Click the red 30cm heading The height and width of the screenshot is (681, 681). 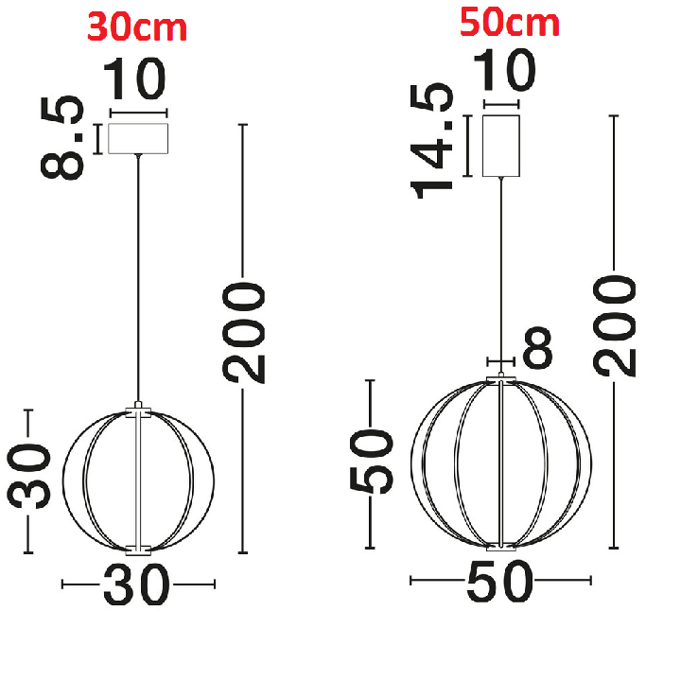click(137, 26)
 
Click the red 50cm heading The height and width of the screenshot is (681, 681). click(510, 23)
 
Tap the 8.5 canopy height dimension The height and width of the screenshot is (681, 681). click(62, 137)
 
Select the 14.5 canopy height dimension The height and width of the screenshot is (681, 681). click(431, 141)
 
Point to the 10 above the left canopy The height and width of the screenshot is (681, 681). click(134, 79)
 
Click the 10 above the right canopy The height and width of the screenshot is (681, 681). click(504, 69)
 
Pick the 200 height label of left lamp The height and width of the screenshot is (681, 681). click(244, 333)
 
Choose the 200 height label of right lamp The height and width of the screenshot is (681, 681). click(615, 325)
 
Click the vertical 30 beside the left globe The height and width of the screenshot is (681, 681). click(29, 476)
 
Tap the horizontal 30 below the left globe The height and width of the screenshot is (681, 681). click(136, 585)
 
